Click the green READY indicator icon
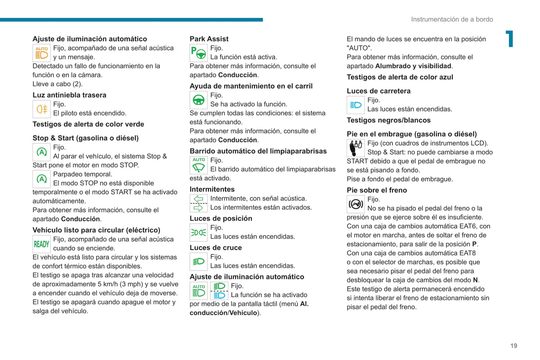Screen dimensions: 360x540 coord(41,244)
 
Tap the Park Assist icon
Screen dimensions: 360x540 coord(198,53)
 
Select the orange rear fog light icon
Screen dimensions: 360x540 coord(41,109)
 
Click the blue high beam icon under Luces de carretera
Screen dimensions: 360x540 coord(355,105)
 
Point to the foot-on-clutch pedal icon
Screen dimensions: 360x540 coord(355,148)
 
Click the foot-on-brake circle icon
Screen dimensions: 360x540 coord(355,204)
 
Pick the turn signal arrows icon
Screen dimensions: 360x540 coord(198,204)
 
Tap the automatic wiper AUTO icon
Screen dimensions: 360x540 coord(198,165)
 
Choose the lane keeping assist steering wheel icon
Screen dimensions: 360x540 coord(198,100)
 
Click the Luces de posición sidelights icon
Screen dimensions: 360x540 coord(198,233)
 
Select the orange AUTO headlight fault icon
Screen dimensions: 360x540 coord(41,53)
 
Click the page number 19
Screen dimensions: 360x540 coord(513,346)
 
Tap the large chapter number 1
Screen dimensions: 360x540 coord(510,39)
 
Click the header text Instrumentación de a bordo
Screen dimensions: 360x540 coord(452,19)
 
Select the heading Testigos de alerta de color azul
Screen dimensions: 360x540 coord(400,77)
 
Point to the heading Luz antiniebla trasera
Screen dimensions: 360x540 coord(70,95)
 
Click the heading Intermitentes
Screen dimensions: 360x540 coord(212,189)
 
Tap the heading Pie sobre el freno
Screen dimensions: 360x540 coord(377,190)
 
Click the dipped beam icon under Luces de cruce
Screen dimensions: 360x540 coord(198,262)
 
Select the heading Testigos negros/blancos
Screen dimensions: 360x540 coord(389,120)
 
